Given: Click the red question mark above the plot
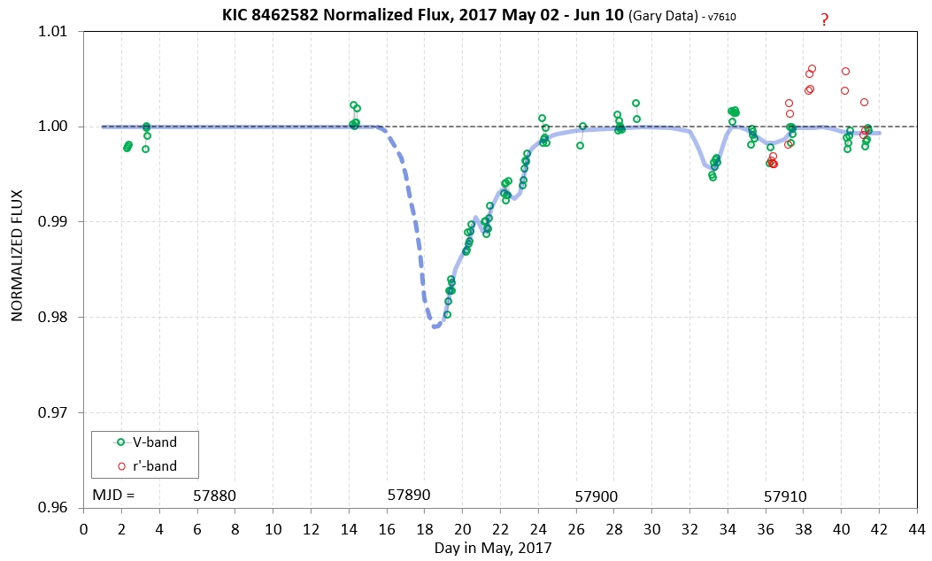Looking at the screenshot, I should pyautogui.click(x=824, y=19).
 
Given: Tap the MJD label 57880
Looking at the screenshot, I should pyautogui.click(x=214, y=496).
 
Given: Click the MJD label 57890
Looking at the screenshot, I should pyautogui.click(x=409, y=496).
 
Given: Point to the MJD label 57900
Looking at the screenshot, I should pyautogui.click(x=596, y=496).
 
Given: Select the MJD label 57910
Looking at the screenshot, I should pyautogui.click(x=785, y=496).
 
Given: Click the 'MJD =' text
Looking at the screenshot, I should pyautogui.click(x=113, y=496).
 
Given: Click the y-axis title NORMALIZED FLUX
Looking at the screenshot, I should pyautogui.click(x=16, y=270).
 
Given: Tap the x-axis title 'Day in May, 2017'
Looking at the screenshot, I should pyautogui.click(x=492, y=548).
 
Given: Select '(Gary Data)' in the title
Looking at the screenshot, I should pyautogui.click(x=664, y=15).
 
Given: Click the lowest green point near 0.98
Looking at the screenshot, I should pyautogui.click(x=447, y=314).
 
